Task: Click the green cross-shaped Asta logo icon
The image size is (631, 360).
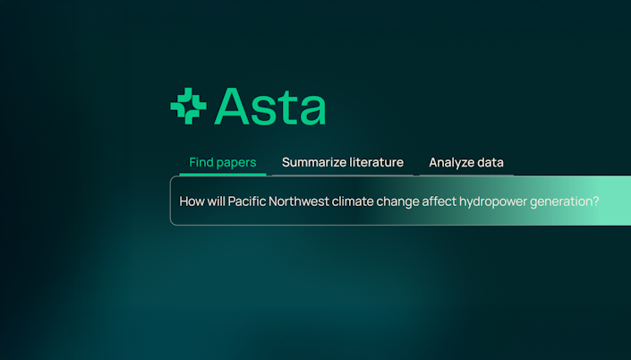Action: pos(188,106)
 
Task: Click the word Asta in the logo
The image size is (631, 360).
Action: pos(270,107)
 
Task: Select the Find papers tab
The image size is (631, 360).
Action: pos(223,162)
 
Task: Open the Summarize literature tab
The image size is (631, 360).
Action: pos(343,162)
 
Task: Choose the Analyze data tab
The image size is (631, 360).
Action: pos(466,162)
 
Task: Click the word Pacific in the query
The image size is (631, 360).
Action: pos(247,201)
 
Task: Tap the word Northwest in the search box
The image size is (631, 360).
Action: pos(299,201)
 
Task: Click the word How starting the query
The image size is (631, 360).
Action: pos(192,201)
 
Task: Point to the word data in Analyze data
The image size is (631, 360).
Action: pos(490,162)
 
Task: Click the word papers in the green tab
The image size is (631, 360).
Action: pos(236,163)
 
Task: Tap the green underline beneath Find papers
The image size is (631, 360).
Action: pos(223,175)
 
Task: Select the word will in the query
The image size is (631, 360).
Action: pos(216,201)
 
